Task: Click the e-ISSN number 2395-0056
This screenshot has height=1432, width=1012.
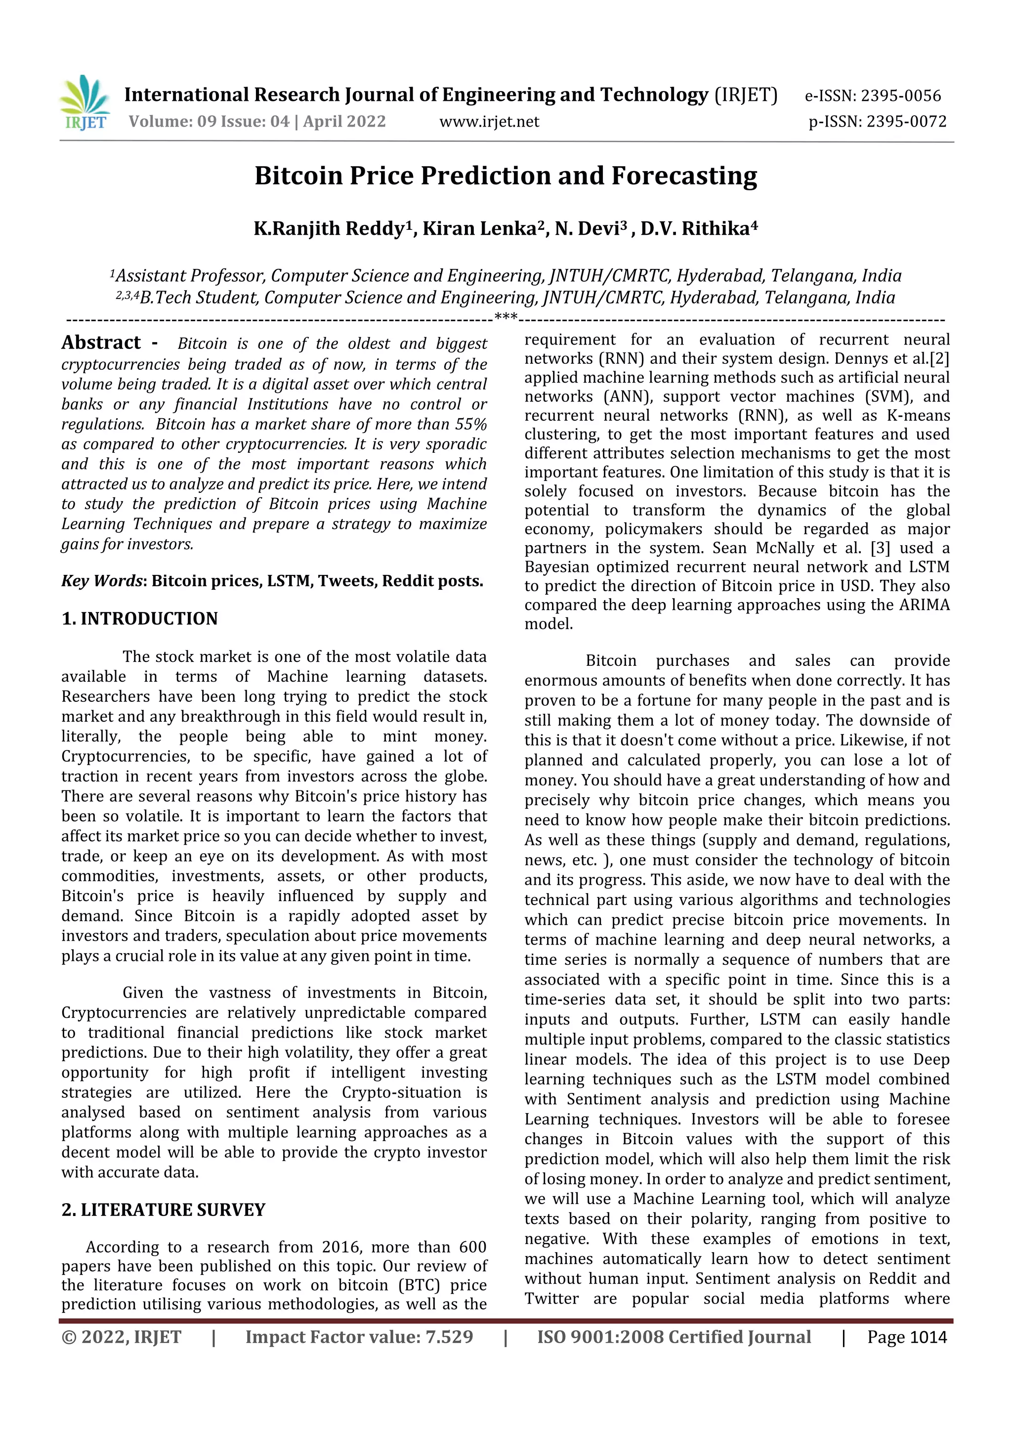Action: (x=901, y=96)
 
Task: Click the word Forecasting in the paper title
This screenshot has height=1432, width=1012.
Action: (x=683, y=176)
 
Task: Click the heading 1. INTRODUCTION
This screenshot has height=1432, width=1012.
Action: (x=140, y=619)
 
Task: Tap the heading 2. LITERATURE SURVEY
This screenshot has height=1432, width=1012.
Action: (x=164, y=1210)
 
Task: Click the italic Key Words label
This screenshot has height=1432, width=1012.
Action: (x=102, y=581)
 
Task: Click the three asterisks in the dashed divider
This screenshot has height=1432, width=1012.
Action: (x=506, y=317)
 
